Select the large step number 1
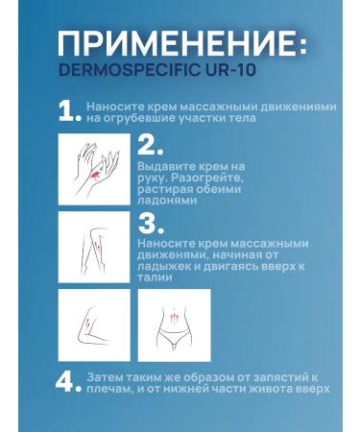[x=68, y=112]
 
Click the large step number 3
[x=150, y=225]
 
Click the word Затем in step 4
[x=102, y=376]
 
